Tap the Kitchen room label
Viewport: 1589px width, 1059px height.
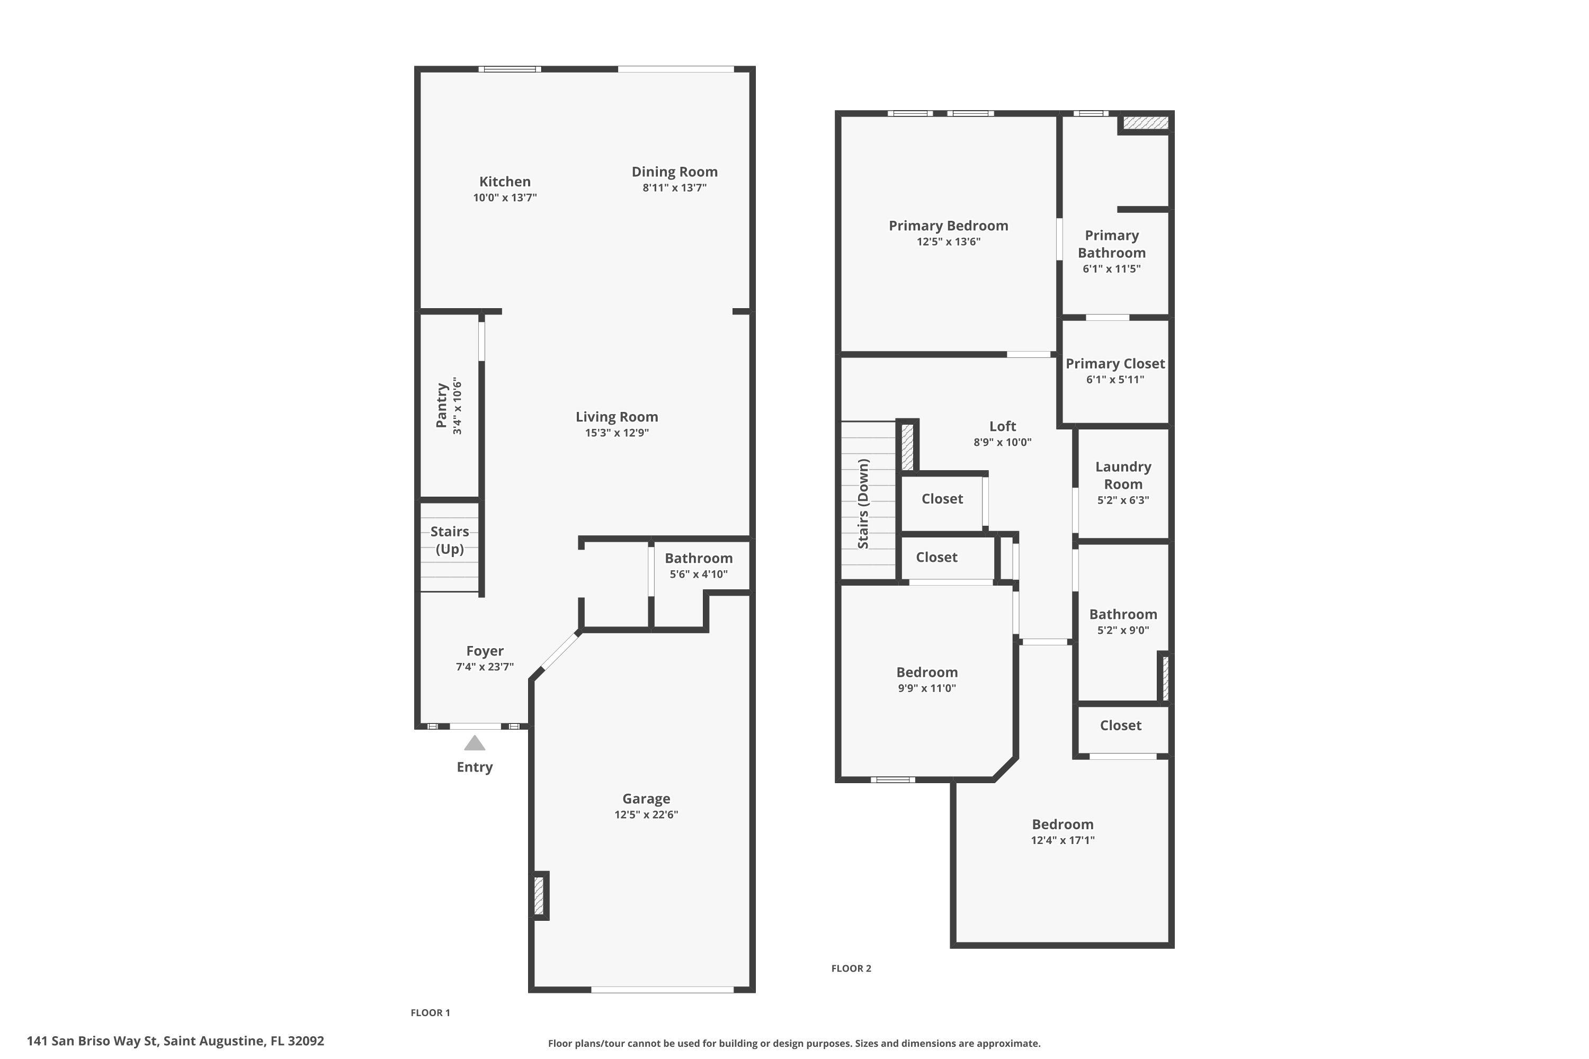(x=505, y=181)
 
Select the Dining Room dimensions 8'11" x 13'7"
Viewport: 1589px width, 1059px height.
(x=674, y=188)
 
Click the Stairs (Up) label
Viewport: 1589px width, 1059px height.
(x=449, y=540)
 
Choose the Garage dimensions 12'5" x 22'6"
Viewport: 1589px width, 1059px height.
(x=646, y=814)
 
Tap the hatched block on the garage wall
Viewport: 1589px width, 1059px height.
(x=539, y=895)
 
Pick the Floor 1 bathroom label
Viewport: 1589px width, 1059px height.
(x=699, y=558)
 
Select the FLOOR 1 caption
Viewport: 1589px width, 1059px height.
(x=430, y=1012)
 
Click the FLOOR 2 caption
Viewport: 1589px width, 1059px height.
(x=851, y=968)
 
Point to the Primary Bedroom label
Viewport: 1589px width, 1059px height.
(x=948, y=226)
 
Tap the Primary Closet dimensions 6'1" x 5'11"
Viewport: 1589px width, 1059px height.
(x=1115, y=380)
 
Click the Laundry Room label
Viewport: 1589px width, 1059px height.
(x=1123, y=475)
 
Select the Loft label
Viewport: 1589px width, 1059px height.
(x=1002, y=426)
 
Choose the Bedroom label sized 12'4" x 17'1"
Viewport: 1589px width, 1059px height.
(x=1062, y=824)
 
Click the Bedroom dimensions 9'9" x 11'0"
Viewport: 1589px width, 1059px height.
(x=926, y=688)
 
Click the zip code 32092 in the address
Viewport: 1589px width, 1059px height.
(x=306, y=1041)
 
